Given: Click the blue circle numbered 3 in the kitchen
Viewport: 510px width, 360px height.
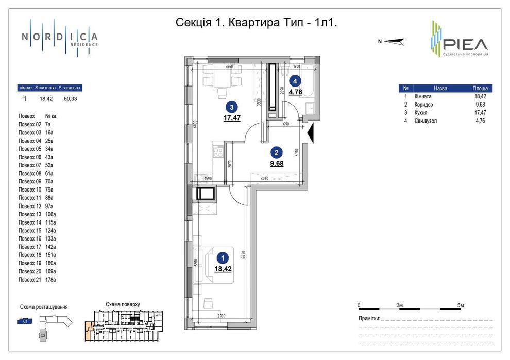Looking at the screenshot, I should tap(232, 107).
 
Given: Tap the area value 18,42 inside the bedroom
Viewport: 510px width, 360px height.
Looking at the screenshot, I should tap(223, 268).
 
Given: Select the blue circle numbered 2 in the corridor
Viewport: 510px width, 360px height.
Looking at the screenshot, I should tap(277, 152).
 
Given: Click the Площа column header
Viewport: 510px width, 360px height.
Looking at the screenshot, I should tap(480, 88).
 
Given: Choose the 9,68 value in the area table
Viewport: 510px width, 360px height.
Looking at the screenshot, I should tap(480, 105).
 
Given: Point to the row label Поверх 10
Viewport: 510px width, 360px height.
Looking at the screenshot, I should tap(29, 190).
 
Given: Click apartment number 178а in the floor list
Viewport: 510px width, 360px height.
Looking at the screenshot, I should tap(50, 280).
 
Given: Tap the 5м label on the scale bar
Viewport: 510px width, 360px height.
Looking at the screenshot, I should tap(461, 306).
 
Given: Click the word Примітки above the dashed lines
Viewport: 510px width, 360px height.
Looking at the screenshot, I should tap(369, 318).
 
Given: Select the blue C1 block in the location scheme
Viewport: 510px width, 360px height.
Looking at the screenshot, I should tap(25, 321).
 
